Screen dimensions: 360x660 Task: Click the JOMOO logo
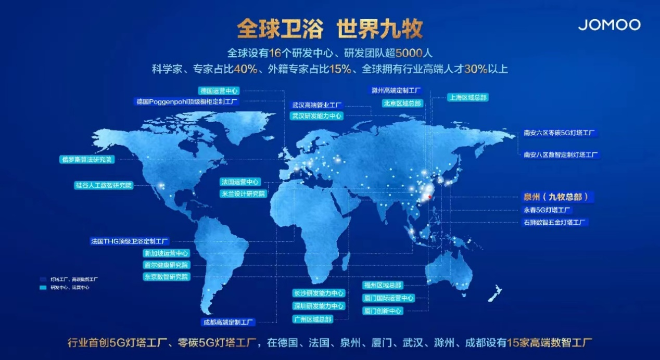pos(609,24)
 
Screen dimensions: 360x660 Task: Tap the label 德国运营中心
pos(219,90)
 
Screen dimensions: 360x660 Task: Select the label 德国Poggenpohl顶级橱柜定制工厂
pos(187,102)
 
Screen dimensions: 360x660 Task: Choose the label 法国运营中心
pos(240,182)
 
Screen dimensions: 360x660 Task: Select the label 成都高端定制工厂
pos(229,322)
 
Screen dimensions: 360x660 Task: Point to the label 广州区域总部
pos(312,319)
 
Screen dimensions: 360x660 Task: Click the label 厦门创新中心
pos(383,311)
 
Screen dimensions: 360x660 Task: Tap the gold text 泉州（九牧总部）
pos(557,197)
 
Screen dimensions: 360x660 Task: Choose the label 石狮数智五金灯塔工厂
pos(555,223)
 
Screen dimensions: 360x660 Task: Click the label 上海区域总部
pos(468,98)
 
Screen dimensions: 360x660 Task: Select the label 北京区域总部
pos(402,104)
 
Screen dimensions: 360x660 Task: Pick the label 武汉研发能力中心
pos(316,116)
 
